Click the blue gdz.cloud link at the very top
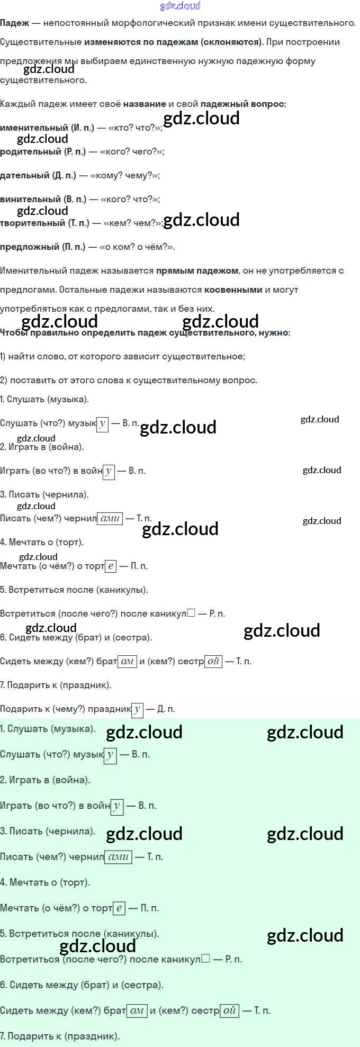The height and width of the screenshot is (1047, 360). [x=180, y=6]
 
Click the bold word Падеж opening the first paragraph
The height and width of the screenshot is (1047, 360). [x=14, y=23]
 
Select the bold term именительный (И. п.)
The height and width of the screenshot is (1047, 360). [x=47, y=128]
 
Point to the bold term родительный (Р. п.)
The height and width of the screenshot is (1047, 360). [x=42, y=151]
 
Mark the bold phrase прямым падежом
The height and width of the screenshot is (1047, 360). [x=197, y=270]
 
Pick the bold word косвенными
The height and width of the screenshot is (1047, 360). [x=233, y=290]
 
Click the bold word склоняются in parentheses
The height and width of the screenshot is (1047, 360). [x=231, y=42]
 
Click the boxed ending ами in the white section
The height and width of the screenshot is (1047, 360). [x=110, y=519]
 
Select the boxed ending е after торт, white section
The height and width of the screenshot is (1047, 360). [x=110, y=566]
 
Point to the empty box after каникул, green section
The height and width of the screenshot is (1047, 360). [x=206, y=959]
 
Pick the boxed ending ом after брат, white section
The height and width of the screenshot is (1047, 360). [x=127, y=661]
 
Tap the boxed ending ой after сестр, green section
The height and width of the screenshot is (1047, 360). [x=229, y=1010]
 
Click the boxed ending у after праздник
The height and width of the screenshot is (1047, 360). [x=137, y=709]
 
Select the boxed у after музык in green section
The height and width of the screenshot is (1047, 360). [x=110, y=755]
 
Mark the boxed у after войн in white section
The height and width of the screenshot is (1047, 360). [x=109, y=471]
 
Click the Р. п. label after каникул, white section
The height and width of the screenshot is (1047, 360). [x=217, y=613]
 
